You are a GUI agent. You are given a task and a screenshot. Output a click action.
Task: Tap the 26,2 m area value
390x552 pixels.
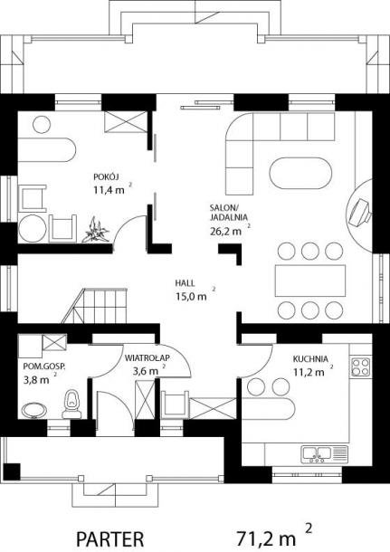coord(225,232)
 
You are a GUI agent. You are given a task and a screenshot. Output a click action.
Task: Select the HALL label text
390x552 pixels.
coord(185,283)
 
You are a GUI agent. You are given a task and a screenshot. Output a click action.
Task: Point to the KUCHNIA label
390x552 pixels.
coord(310,359)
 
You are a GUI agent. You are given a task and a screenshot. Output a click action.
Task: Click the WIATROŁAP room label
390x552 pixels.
coord(147,358)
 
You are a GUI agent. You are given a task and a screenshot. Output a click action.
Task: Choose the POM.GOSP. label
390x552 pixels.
coord(44,366)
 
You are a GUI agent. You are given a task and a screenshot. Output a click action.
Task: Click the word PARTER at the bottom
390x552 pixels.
coord(110,539)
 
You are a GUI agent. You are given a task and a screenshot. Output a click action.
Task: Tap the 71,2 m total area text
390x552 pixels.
coord(265,538)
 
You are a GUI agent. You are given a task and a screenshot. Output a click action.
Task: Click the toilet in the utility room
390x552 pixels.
coord(71,404)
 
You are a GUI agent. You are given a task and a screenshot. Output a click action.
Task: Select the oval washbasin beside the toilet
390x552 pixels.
coord(34,410)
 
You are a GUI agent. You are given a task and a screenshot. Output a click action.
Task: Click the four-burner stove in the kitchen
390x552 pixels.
coord(360,366)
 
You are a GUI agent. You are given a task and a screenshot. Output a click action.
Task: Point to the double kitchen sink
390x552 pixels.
coord(324,453)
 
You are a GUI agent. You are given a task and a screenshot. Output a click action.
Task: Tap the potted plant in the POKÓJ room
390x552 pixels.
coord(96,231)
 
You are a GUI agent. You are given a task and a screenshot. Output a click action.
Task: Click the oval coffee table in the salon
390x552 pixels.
coord(300,173)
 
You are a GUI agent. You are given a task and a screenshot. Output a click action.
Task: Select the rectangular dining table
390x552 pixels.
coord(310,281)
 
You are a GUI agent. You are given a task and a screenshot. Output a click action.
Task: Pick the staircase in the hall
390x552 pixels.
coord(94,306)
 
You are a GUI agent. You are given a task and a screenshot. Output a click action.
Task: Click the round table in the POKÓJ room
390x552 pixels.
coord(33,228)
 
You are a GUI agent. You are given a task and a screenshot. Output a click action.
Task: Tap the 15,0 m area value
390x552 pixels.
coord(191,297)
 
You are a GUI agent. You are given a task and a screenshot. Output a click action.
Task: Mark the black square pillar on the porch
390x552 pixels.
coord(11,471)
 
